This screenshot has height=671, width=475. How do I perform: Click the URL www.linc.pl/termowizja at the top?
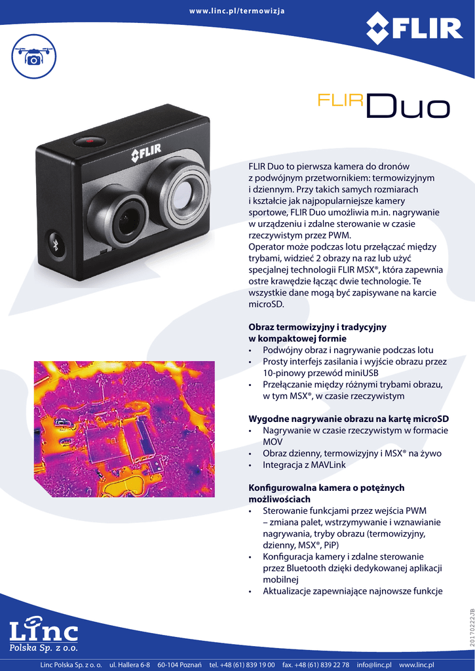[x=237, y=12]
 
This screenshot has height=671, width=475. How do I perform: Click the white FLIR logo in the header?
[x=414, y=28]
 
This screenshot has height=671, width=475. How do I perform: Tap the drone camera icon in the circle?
[x=33, y=56]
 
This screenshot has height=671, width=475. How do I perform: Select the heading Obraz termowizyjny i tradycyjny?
[x=317, y=326]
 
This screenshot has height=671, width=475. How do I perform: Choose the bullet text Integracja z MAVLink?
[x=304, y=465]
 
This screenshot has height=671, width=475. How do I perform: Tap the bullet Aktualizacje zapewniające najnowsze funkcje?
[x=352, y=591]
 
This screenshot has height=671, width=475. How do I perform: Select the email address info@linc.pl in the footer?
[x=373, y=665]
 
